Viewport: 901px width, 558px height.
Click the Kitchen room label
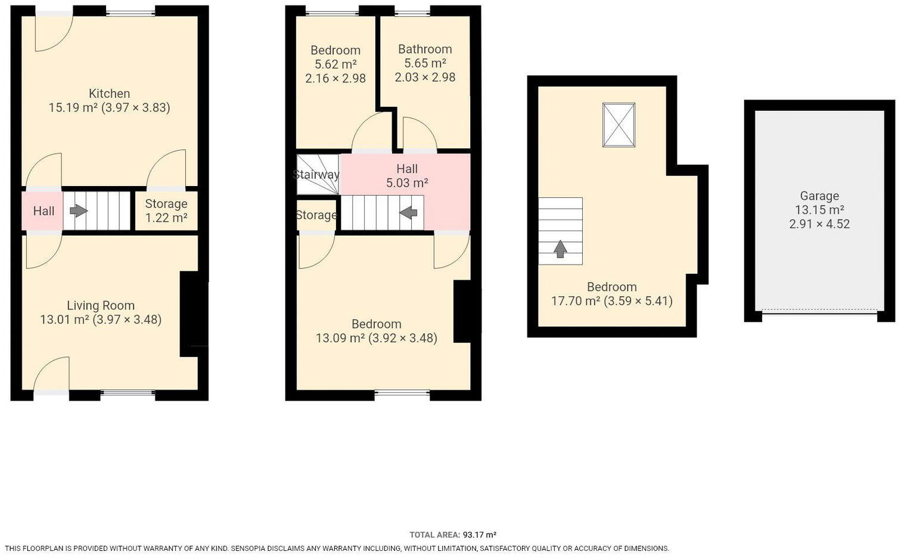coord(109,94)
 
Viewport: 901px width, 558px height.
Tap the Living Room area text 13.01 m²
coord(64,320)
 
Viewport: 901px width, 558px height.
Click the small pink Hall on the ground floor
coord(44,211)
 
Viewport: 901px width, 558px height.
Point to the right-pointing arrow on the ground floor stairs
coord(78,211)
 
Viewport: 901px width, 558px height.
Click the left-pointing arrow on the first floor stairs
coord(408,212)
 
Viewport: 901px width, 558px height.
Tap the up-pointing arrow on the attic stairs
coord(560,249)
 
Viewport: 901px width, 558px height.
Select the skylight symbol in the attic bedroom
coord(619,125)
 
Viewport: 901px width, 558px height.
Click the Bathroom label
coord(425,49)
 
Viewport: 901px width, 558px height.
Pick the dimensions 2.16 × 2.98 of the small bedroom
coord(335,78)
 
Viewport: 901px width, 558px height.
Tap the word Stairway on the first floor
coord(316,175)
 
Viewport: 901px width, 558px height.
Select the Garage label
coord(819,196)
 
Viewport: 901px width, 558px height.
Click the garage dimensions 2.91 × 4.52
coord(819,224)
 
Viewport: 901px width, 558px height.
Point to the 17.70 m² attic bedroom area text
coord(575,301)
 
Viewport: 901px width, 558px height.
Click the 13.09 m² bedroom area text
coord(340,338)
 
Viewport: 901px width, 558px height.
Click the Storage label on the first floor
coord(316,215)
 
